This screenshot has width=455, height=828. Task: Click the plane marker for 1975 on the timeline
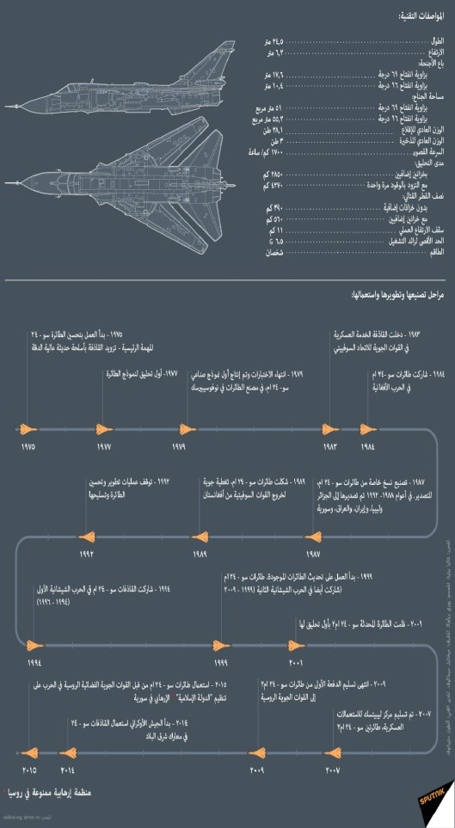pos(28,429)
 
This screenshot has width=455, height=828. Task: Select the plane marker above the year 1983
pos(329,429)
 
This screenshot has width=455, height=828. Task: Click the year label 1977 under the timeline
pos(104,448)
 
